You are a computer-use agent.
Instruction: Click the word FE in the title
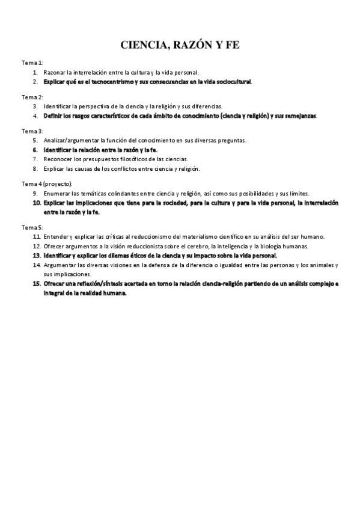231,45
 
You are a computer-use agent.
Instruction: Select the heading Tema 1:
32,63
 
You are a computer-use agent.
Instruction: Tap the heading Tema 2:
32,97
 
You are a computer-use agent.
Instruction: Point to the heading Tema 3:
32,131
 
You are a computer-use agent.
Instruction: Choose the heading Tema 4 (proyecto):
47,183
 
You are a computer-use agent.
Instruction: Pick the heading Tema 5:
32,227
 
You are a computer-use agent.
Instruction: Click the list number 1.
35,72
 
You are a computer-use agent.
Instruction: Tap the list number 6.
35,149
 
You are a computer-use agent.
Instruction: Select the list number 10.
37,203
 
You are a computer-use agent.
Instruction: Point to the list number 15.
37,283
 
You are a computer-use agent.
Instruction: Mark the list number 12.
37,246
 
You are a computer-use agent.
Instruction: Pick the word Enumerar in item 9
56,193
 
